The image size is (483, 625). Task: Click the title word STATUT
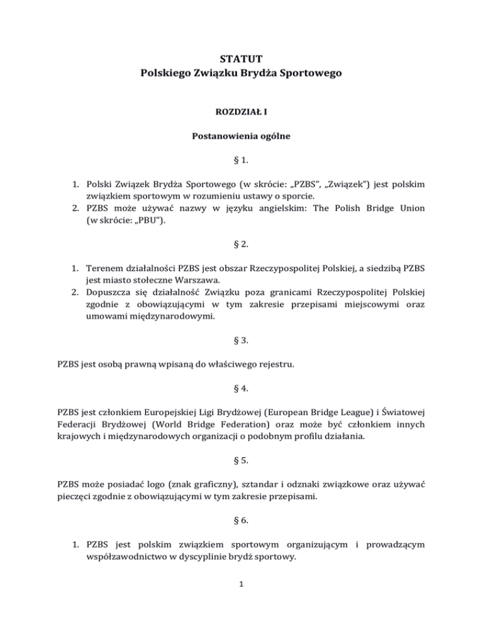click(241, 61)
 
